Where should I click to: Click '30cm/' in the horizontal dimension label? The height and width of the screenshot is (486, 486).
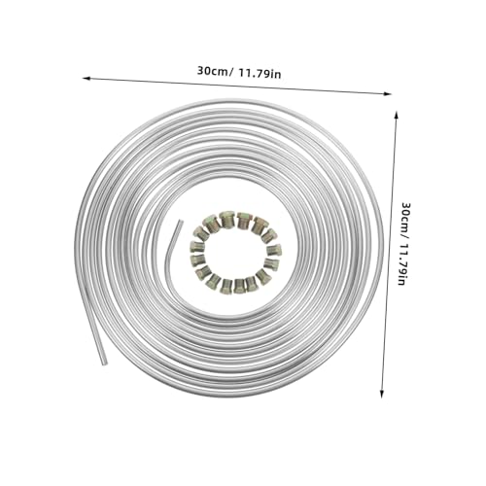pos(215,71)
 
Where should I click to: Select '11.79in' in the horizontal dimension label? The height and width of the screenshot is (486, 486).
pos(260,74)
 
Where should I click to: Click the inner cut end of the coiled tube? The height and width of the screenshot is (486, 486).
pos(180,222)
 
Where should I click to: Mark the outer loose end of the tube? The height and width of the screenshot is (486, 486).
pos(104,364)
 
